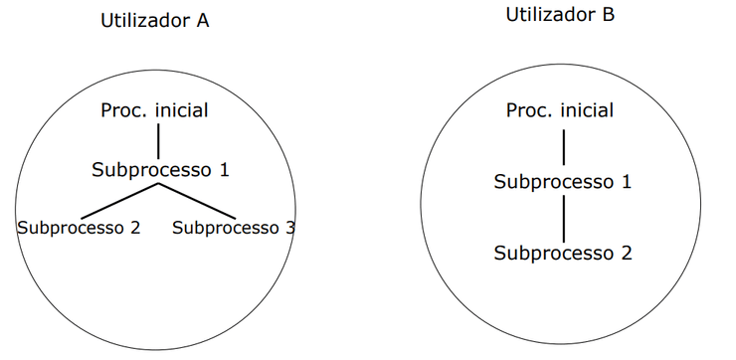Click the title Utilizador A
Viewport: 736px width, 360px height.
click(x=154, y=21)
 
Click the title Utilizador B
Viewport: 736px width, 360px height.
click(x=560, y=15)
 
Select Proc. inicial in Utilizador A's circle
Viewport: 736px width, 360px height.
click(x=154, y=110)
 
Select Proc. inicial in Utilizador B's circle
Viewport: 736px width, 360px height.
click(x=560, y=110)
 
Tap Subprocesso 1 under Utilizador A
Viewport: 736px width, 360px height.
click(x=160, y=169)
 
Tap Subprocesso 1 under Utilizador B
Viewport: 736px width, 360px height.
click(x=563, y=182)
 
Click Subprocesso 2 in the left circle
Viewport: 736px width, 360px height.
click(x=79, y=227)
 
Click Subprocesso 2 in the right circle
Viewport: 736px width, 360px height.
click(x=563, y=253)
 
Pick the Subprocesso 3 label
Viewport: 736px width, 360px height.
click(x=234, y=227)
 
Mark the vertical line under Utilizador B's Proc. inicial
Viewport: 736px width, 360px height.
click(x=564, y=146)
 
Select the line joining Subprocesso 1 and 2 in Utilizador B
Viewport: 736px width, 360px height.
click(x=564, y=217)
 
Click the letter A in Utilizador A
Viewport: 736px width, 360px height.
click(x=202, y=21)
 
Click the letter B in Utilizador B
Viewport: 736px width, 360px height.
click(x=608, y=15)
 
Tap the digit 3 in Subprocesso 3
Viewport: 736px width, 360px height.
click(x=289, y=227)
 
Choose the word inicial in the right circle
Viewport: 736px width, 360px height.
click(x=587, y=110)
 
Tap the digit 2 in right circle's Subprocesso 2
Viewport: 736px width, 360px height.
click(x=626, y=253)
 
